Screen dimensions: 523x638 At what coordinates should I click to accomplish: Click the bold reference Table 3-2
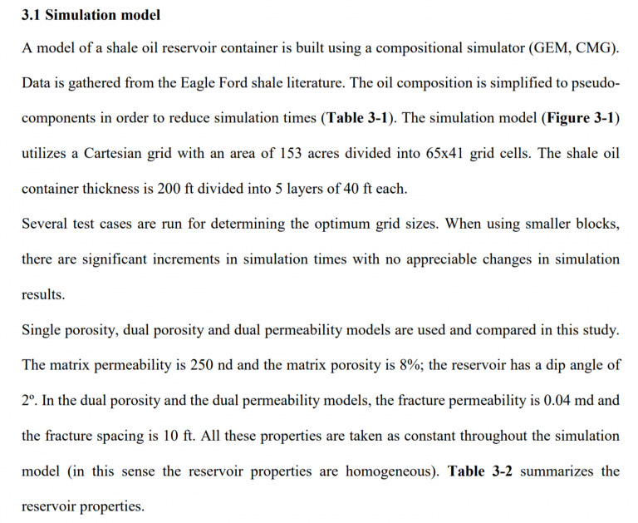coord(478,471)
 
